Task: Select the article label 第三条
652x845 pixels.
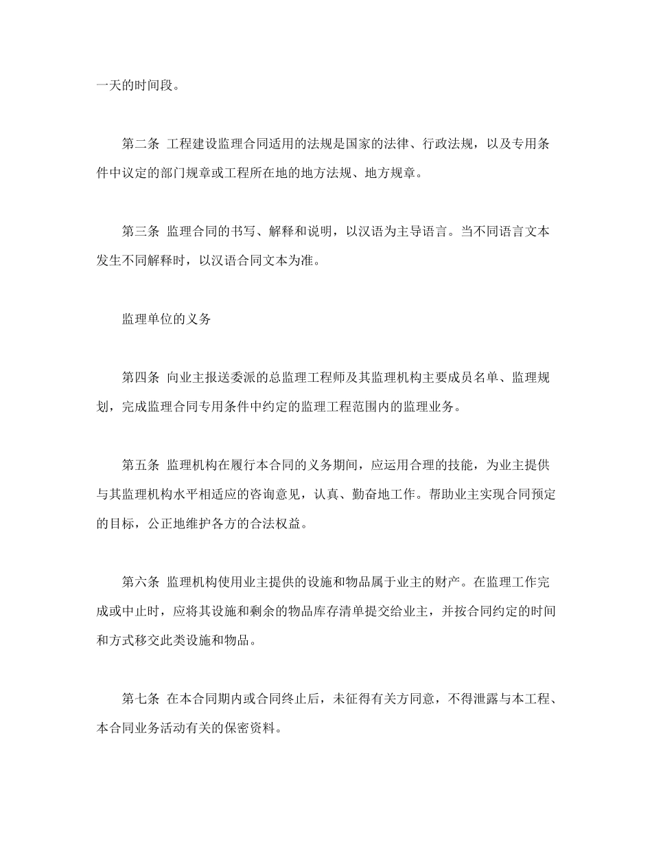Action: click(x=141, y=232)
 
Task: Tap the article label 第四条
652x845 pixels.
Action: click(x=141, y=377)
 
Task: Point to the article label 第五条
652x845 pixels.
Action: click(x=141, y=465)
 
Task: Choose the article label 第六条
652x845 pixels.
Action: click(x=141, y=583)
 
